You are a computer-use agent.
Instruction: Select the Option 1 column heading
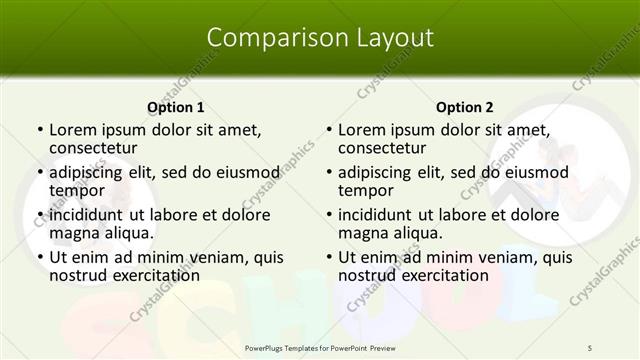(176, 107)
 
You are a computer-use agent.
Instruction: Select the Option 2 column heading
(465, 107)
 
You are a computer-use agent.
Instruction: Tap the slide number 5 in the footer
(589, 347)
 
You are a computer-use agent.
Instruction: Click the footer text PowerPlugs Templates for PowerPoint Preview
(319, 347)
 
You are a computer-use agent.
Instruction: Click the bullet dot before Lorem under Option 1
(39, 130)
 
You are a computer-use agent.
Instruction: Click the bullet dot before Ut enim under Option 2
(328, 257)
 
